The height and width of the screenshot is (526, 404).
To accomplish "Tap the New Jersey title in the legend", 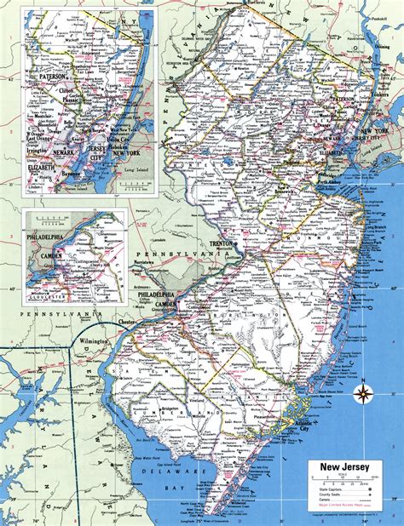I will click(343, 466).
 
